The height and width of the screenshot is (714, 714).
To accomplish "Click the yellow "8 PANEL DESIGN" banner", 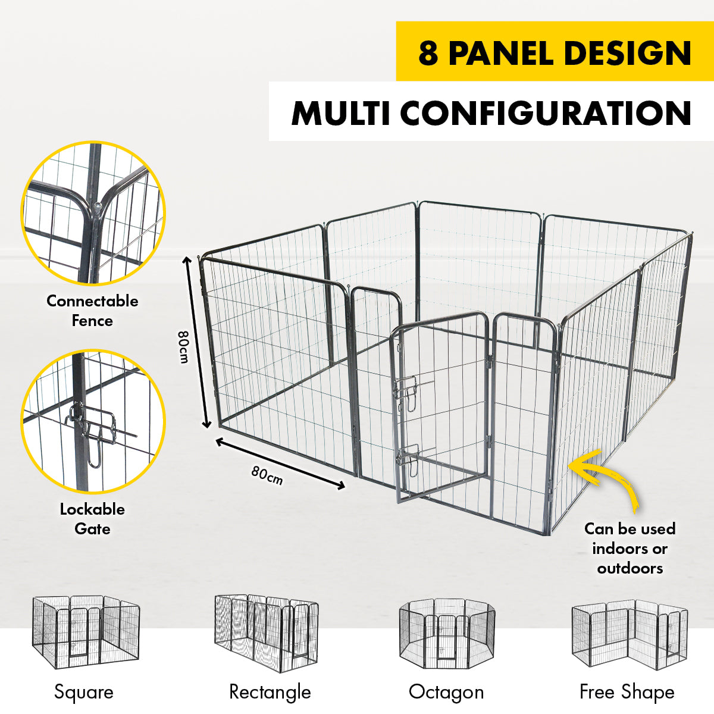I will coord(555,52).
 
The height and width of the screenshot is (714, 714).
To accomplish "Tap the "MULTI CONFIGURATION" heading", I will coord(491,113).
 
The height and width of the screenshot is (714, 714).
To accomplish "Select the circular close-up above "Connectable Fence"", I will coord(93,213).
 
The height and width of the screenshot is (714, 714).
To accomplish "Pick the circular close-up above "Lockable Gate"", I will coord(93,421).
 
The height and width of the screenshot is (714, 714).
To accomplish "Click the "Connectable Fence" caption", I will coord(92,311).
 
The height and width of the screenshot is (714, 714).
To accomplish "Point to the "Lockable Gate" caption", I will coord(92,519).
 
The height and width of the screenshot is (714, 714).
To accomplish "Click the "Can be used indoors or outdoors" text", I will coord(630,548).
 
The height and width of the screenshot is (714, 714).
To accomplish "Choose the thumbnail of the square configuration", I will coord(85,633).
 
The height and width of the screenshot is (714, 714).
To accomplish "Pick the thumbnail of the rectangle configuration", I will coord(266,632).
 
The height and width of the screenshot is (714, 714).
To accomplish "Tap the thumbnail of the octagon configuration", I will coord(447,633).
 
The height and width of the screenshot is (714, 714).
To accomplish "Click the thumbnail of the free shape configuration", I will coord(630,634).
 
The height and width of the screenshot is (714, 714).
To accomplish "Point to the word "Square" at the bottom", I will coord(84,692).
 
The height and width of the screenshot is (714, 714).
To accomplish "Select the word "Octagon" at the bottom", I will coord(446,692).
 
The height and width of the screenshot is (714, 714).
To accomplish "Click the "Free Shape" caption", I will coord(627,692).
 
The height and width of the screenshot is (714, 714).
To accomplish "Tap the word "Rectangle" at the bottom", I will coord(270,692).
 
